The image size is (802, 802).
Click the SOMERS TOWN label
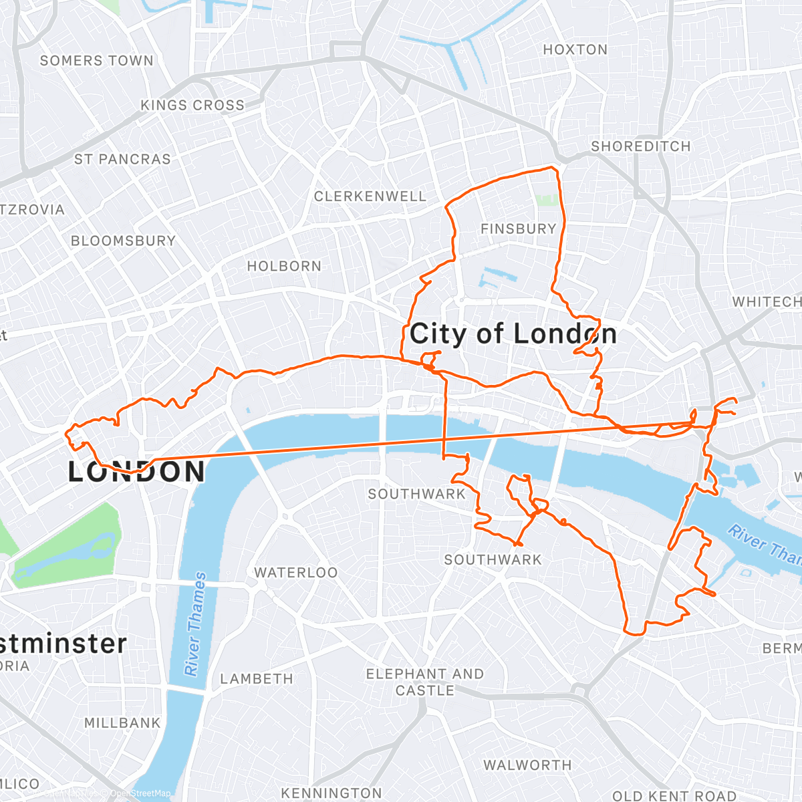click(96, 61)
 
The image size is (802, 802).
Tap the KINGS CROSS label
click(192, 106)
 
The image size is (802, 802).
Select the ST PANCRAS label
click(122, 160)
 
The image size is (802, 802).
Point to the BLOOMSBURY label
click(123, 241)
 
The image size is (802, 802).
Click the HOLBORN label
click(284, 266)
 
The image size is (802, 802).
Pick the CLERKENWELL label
click(370, 196)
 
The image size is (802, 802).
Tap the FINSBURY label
click(518, 229)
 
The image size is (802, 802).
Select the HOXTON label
click(575, 49)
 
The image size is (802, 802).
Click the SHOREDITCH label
click(640, 146)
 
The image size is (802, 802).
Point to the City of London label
click(513, 333)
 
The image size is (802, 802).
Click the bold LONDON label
click(137, 473)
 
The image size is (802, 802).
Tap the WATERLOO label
click(295, 573)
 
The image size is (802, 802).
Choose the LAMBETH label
click(257, 679)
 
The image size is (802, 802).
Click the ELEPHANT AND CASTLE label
click(424, 682)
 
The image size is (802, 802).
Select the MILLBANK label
click(122, 723)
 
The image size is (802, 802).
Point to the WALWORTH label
click(527, 765)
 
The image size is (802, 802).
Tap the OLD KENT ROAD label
click(673, 796)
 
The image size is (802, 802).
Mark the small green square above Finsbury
click(547, 200)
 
